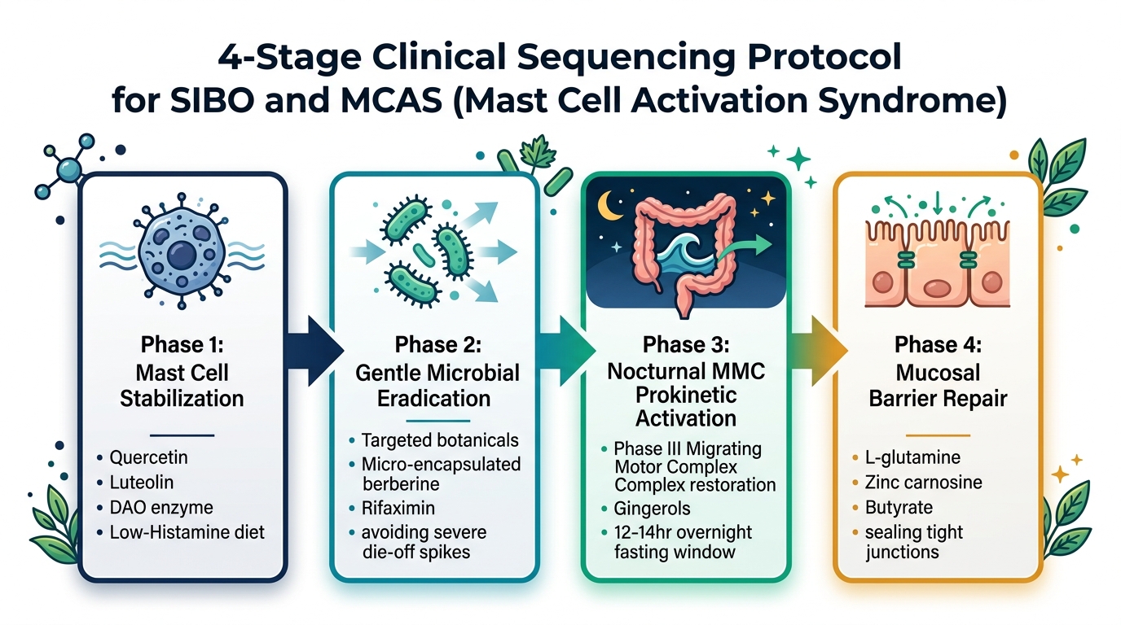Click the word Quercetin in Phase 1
pos(148,457)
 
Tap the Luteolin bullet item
pos(142,483)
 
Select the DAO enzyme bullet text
pos(161,508)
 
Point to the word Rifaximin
pos(398,508)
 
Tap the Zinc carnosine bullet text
pos(923,483)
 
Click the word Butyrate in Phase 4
pos(899,508)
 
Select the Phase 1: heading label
pos(182,344)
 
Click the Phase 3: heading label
pos(686,344)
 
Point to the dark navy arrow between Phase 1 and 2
pos(315,351)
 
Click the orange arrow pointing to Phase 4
pos(819,351)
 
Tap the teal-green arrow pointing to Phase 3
pos(566,351)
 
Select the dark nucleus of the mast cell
pos(182,255)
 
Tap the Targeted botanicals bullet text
pos(440,440)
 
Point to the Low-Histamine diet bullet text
pos(187,532)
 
